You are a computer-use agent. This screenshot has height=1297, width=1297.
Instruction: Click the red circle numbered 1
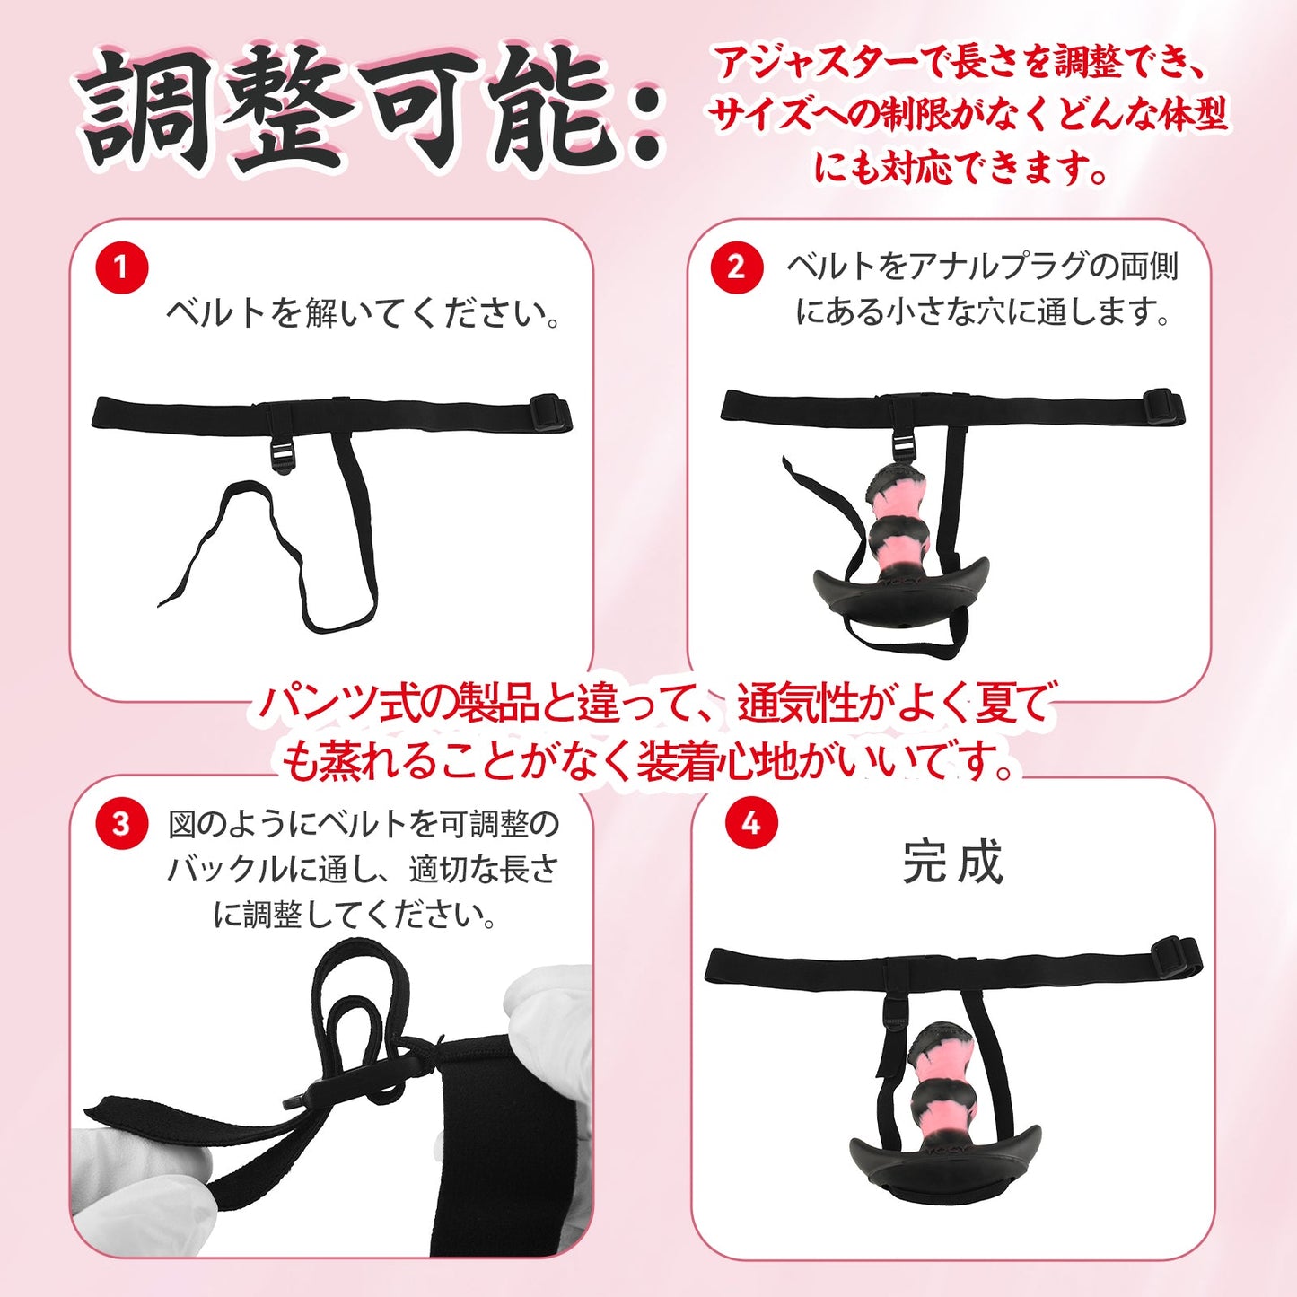tap(121, 267)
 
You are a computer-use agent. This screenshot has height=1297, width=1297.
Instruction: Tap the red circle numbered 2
tap(736, 267)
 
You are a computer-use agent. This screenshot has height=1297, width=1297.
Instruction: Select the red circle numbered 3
tap(121, 824)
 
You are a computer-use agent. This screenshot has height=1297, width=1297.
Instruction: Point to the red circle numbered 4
tap(751, 823)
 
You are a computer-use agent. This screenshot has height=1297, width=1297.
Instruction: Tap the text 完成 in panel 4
tap(952, 863)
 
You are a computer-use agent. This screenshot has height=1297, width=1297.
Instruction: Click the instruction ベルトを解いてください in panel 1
tap(364, 313)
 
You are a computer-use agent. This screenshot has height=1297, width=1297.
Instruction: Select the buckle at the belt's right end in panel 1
tap(550, 413)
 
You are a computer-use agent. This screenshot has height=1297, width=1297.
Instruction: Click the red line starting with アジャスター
tap(960, 63)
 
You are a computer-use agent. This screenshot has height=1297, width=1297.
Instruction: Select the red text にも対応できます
tap(960, 168)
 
